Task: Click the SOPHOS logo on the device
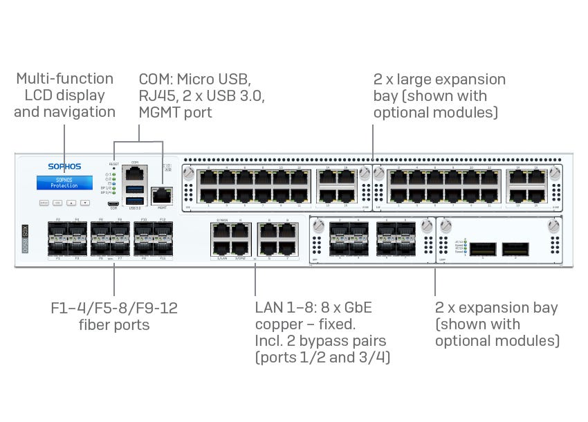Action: click(x=64, y=166)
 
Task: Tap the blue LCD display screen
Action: click(x=64, y=182)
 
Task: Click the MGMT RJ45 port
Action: click(x=162, y=196)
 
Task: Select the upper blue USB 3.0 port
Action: click(x=134, y=190)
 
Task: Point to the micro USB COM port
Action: click(x=113, y=204)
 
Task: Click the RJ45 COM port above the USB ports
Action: click(x=134, y=173)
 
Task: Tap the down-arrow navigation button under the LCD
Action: click(x=84, y=203)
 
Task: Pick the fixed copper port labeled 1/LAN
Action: click(x=222, y=248)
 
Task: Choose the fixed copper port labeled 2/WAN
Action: click(x=222, y=230)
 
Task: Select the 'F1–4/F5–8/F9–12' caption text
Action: click(x=114, y=309)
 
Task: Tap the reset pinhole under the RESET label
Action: click(x=114, y=168)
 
